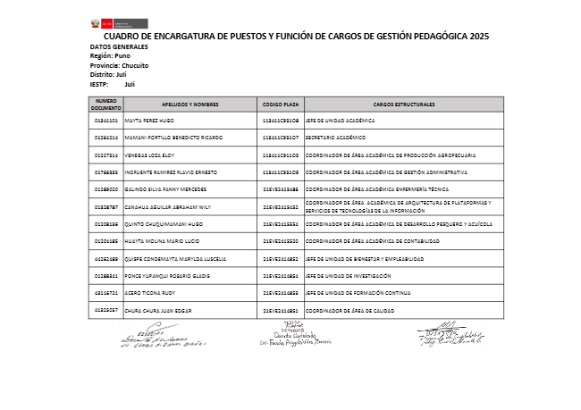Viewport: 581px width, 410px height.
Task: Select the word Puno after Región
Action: coord(122,55)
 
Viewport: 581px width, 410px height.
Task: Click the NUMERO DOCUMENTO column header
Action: coord(106,104)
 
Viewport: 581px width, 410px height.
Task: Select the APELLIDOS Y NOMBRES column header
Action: coord(190,105)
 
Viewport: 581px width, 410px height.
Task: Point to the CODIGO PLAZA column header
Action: coord(281,105)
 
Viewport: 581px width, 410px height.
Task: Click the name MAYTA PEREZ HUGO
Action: coord(149,120)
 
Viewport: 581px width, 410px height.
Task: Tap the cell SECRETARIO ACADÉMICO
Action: coord(336,138)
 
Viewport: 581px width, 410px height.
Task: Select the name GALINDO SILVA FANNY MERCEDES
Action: coord(165,189)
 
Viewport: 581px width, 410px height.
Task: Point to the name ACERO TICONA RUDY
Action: coord(149,293)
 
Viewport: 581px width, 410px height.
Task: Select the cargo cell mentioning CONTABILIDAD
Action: coord(373,241)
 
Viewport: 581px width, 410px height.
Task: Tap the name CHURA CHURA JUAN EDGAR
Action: coord(158,311)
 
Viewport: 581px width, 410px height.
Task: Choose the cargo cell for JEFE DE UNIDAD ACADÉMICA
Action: coord(340,120)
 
